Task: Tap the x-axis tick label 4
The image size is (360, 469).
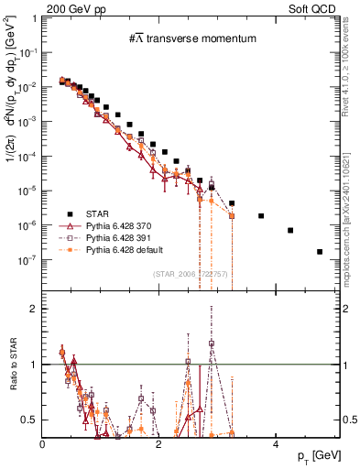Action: (x=276, y=444)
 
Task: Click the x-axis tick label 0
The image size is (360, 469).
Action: (x=43, y=444)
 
